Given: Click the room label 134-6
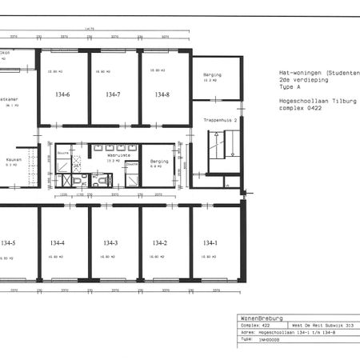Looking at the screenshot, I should [62, 95].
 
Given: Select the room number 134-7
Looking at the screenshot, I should [113, 95].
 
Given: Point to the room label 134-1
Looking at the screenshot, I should [210, 242].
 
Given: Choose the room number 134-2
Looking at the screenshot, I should [160, 242].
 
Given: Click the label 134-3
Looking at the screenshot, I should [110, 242].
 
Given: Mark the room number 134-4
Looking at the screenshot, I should [58, 242].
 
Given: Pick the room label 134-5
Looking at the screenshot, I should [9, 242].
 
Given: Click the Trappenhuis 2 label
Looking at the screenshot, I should [218, 120].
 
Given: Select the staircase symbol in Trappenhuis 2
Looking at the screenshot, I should [220, 150].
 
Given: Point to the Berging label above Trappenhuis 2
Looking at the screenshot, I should [212, 75].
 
